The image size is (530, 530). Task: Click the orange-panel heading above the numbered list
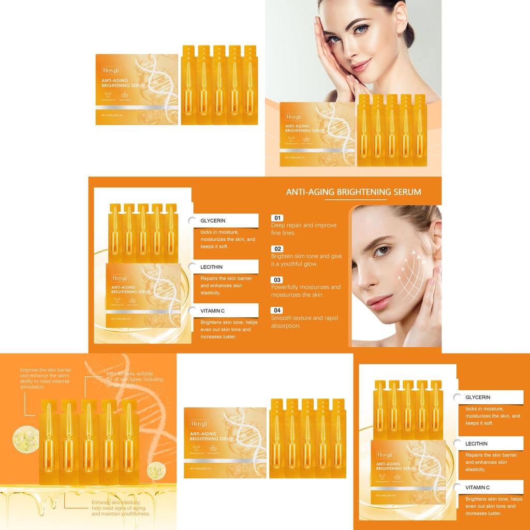pyautogui.click(x=354, y=192)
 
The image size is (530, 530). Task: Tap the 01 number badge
pyautogui.click(x=277, y=218)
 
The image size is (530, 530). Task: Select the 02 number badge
pyautogui.click(x=277, y=249)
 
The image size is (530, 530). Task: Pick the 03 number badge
pyautogui.click(x=277, y=280)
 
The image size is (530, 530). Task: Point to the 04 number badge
pyautogui.click(x=277, y=311)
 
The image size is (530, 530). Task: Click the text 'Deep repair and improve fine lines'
pyautogui.click(x=303, y=229)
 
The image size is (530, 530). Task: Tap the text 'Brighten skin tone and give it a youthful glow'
pyautogui.click(x=306, y=260)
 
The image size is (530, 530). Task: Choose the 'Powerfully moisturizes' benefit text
pyautogui.click(x=305, y=291)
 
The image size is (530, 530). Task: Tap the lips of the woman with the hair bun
pyautogui.click(x=361, y=66)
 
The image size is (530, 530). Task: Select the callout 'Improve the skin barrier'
pyautogui.click(x=46, y=378)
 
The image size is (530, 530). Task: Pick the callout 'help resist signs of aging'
pyautogui.click(x=121, y=508)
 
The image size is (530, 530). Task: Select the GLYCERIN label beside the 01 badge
pyautogui.click(x=213, y=220)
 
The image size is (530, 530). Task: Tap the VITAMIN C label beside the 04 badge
pyautogui.click(x=213, y=311)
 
